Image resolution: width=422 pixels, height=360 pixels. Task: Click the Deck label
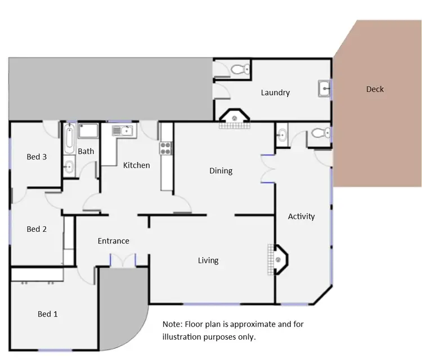(x=375, y=89)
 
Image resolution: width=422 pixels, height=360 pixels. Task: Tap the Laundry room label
(x=275, y=92)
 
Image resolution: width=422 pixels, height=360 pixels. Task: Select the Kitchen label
(x=137, y=165)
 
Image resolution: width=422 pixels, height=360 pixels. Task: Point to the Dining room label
(x=221, y=170)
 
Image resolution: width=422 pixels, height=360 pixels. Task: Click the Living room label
(x=208, y=260)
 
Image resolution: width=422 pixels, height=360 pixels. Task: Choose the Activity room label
(x=301, y=216)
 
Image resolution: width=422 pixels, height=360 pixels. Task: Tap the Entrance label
(x=114, y=241)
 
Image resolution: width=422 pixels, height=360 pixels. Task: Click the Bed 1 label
(x=48, y=314)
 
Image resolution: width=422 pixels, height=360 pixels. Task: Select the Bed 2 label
(x=37, y=229)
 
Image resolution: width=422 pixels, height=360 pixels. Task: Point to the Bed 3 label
(x=37, y=156)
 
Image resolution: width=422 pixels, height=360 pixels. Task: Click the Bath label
(x=86, y=151)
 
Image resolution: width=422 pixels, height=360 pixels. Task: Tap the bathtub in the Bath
(x=69, y=139)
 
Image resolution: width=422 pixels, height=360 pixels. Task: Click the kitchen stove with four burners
(x=166, y=148)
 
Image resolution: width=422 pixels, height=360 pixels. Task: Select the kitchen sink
(x=122, y=131)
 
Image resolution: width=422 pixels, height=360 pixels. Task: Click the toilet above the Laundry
(x=241, y=70)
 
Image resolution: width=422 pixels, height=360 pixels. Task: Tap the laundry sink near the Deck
(x=324, y=88)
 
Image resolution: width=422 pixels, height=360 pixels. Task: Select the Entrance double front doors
(x=123, y=260)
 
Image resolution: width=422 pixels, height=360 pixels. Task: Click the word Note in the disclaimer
(x=172, y=325)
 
